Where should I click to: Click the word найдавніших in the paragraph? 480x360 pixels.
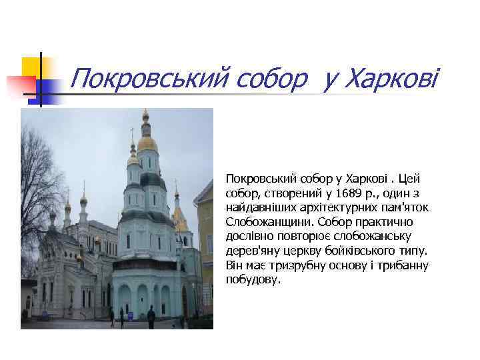pyautogui.click(x=262, y=207)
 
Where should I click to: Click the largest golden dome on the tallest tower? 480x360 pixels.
pyautogui.click(x=147, y=141)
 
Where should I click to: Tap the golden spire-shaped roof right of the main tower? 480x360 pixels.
pyautogui.click(x=179, y=217)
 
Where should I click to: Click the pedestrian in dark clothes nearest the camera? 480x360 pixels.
pyautogui.click(x=151, y=316)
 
